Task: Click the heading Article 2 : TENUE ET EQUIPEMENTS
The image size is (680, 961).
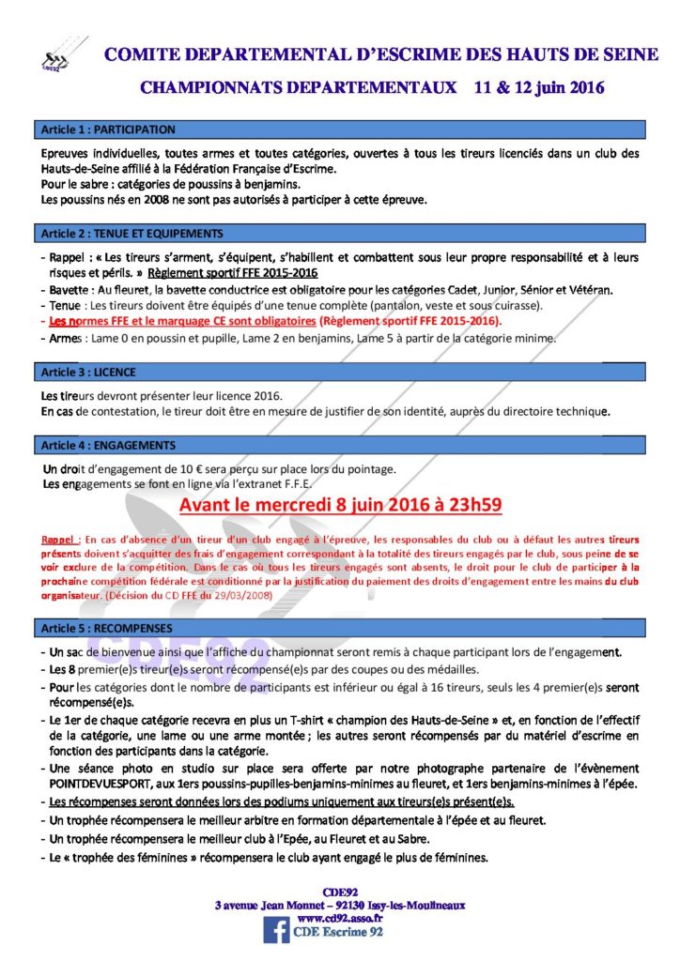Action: coord(131,233)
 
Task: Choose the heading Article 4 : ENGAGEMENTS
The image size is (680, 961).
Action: coord(108,445)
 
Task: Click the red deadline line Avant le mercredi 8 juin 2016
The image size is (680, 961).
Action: coord(340,506)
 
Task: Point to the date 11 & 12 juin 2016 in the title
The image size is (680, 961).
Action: coord(539,88)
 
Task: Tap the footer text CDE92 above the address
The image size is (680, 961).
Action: coord(339,892)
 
